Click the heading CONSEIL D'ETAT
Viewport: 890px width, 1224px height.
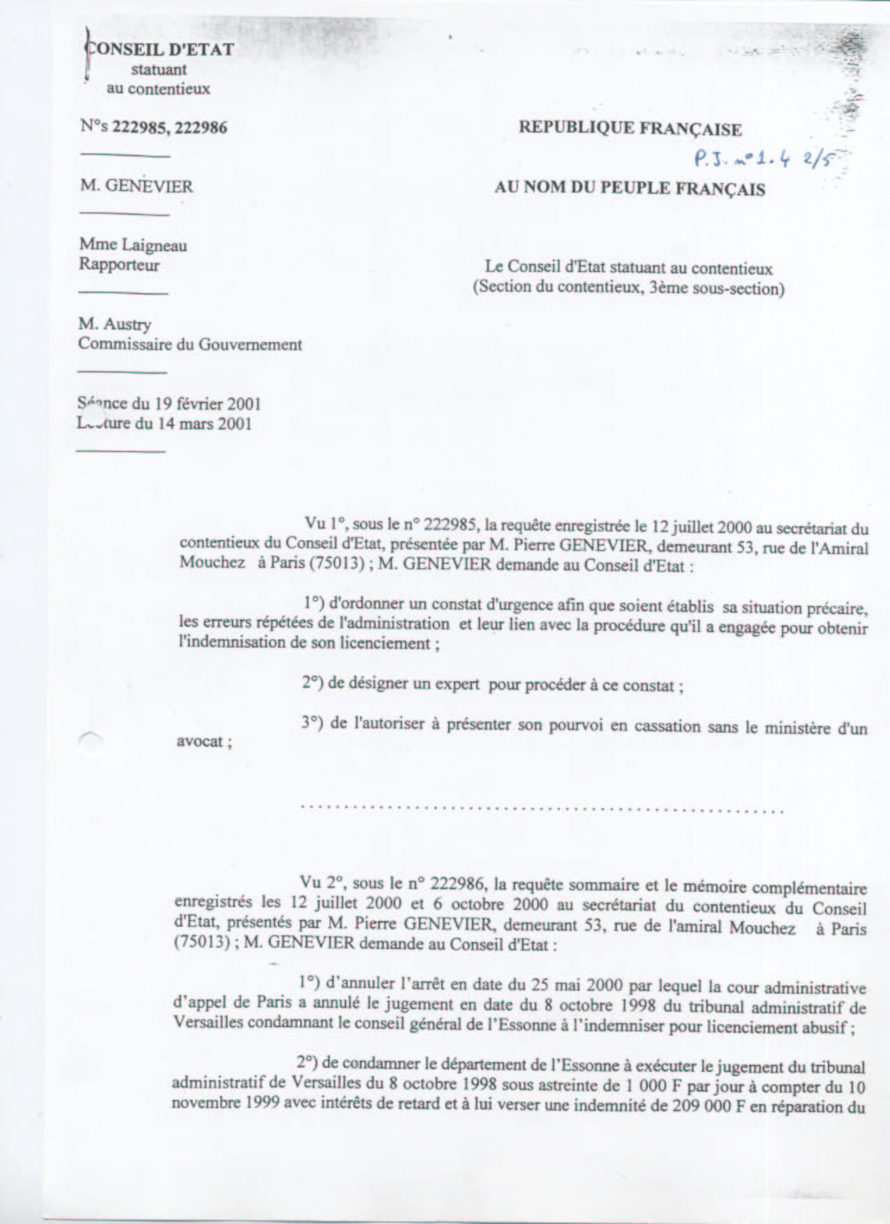pos(160,50)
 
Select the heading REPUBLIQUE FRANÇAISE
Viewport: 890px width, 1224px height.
pos(630,128)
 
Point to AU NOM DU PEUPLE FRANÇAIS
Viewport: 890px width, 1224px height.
pos(630,188)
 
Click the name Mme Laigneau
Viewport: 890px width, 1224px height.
pos(133,245)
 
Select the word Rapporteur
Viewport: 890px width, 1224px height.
pos(119,264)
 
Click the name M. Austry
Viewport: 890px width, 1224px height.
pos(114,324)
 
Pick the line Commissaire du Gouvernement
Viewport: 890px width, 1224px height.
pos(190,344)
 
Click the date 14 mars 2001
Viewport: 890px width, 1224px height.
pos(205,424)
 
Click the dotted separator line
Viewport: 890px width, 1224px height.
pos(542,810)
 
